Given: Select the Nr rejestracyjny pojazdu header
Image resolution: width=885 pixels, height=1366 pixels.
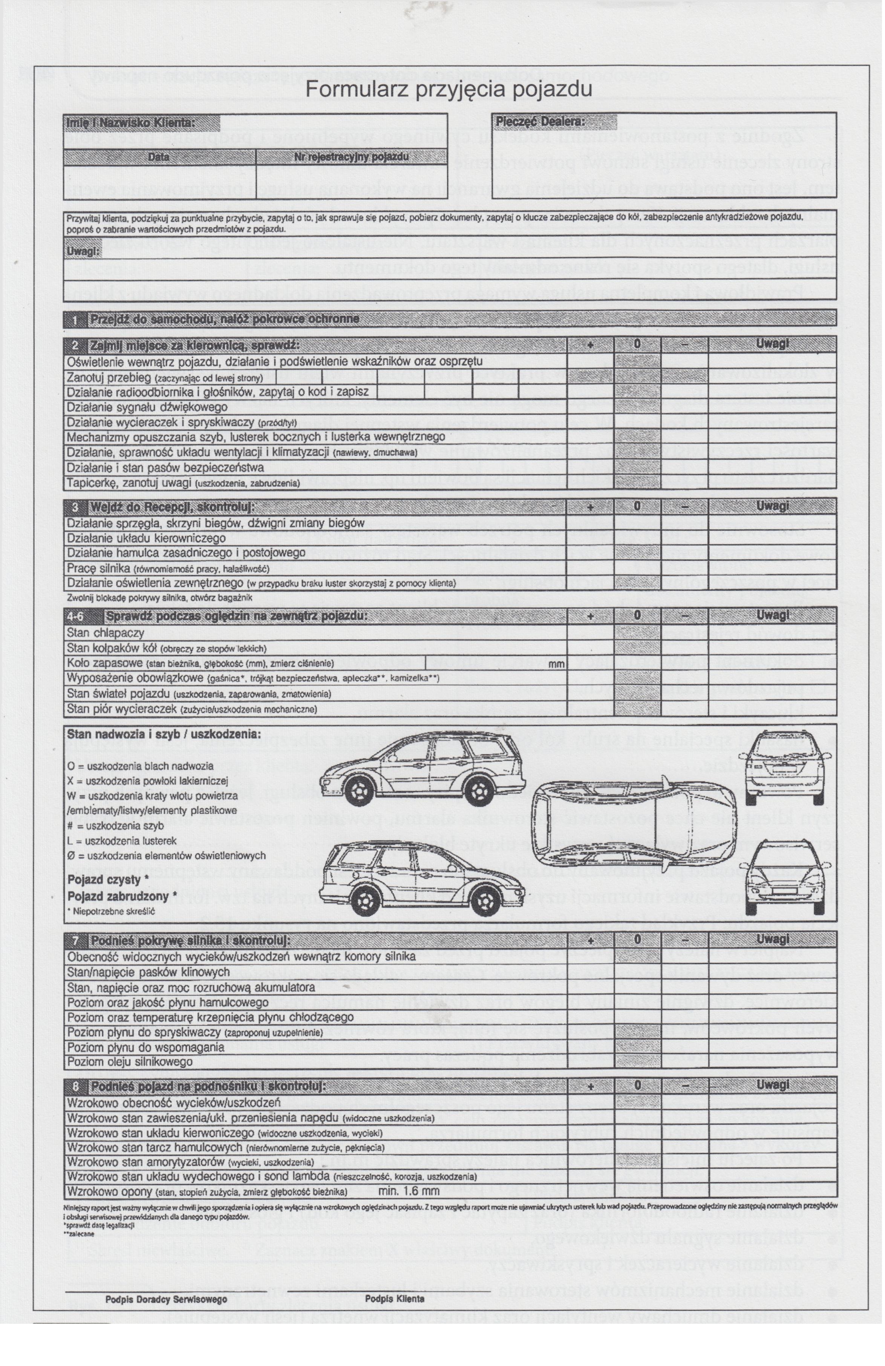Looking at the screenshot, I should tap(351, 157).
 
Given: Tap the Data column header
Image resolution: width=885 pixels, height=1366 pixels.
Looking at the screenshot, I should tap(158, 157).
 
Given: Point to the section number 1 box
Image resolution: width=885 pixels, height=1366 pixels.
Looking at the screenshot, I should tap(75, 319).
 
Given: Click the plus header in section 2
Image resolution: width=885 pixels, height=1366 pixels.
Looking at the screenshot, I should tap(590, 345).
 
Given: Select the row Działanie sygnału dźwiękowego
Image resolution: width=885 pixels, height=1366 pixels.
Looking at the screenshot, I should tap(147, 407).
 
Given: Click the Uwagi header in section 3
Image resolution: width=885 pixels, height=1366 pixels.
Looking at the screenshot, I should tap(772, 506).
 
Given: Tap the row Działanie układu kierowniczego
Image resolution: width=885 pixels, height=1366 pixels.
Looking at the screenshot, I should tap(146, 538).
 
